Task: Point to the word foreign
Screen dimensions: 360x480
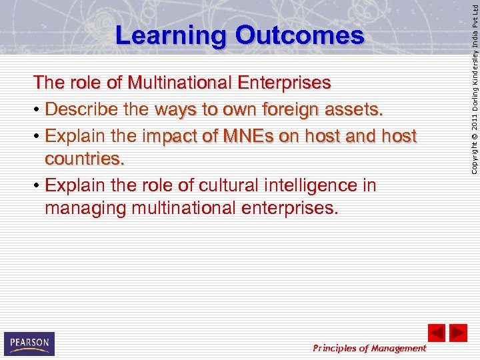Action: pyautogui.click(x=290, y=109)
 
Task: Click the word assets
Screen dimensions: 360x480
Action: pyautogui.click(x=357, y=109)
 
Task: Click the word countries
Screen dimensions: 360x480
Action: pyautogui.click(x=85, y=160)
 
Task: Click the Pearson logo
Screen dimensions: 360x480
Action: pyautogui.click(x=29, y=343)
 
